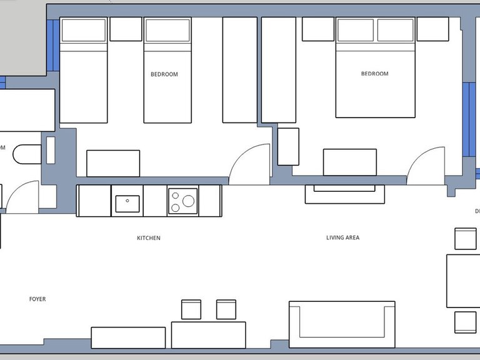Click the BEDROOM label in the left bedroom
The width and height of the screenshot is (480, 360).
click(x=164, y=74)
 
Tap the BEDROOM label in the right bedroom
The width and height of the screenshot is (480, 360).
click(x=374, y=74)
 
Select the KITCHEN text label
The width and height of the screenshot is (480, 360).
click(x=149, y=238)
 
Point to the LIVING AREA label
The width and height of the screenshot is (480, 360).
click(x=342, y=237)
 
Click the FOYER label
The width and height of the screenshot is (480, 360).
click(x=37, y=299)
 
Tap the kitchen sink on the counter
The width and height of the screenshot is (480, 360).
click(x=127, y=201)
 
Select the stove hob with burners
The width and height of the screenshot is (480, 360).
click(x=182, y=201)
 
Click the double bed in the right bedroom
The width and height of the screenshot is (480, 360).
click(x=375, y=75)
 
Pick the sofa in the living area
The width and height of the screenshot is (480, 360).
click(x=342, y=324)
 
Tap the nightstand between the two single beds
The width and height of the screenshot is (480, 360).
click(x=126, y=29)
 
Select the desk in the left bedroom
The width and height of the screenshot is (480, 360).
click(x=112, y=163)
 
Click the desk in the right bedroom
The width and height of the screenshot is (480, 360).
click(x=349, y=162)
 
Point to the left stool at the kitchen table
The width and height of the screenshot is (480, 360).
click(x=191, y=309)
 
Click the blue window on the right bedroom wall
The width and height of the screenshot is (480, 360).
click(x=466, y=122)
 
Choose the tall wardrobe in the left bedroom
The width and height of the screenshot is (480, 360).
click(x=239, y=69)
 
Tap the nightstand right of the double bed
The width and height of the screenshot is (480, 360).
click(x=432, y=29)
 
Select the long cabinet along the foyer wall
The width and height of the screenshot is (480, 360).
click(x=128, y=337)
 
